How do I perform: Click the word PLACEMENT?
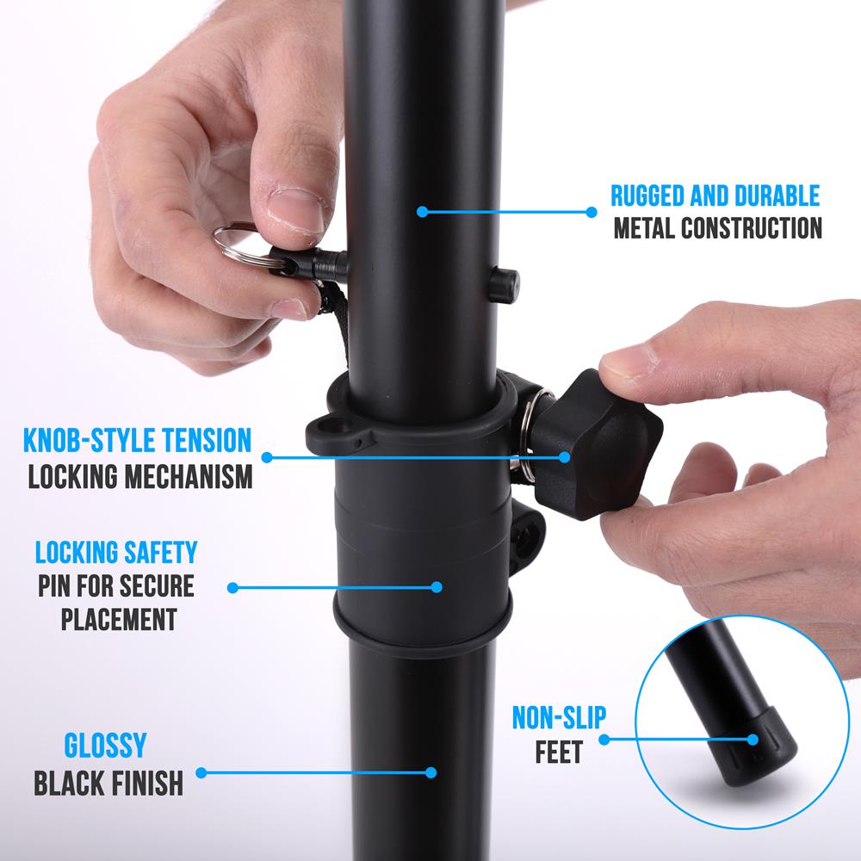119,619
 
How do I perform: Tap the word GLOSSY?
106,746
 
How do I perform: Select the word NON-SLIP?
560,717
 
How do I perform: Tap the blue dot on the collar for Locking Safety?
437,587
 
